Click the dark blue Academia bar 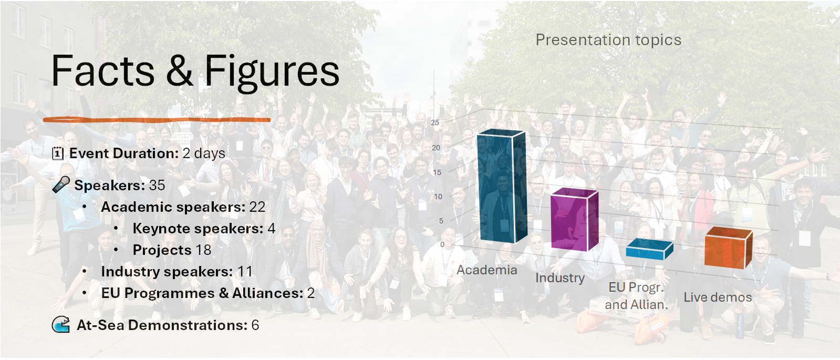click(x=502, y=187)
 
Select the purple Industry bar click(x=574, y=220)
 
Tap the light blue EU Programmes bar click(x=649, y=250)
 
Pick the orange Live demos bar click(x=728, y=248)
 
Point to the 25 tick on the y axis click(x=435, y=122)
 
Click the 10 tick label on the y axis click(x=438, y=197)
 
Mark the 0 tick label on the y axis click(x=442, y=244)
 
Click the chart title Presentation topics click(x=608, y=40)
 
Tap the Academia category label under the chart click(x=487, y=270)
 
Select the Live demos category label click(x=718, y=297)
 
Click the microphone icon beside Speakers click(x=61, y=184)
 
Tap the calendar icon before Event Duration click(x=58, y=153)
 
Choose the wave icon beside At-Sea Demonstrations click(x=61, y=324)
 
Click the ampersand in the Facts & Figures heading click(x=179, y=70)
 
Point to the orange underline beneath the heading click(x=157, y=120)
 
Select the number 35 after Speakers click(x=157, y=185)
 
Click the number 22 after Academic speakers click(x=257, y=207)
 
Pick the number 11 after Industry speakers click(x=245, y=272)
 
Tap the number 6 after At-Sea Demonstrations click(x=255, y=325)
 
